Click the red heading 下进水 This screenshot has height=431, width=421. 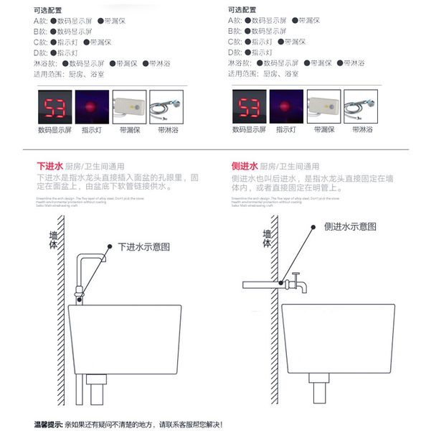click(x=49, y=166)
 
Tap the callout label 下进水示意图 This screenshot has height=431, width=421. click(x=144, y=246)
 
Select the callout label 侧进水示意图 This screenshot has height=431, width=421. click(x=349, y=226)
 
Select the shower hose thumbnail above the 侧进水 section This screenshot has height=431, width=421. click(x=360, y=106)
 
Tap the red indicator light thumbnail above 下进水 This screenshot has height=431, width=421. click(x=92, y=106)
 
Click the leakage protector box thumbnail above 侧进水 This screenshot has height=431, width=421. click(x=323, y=106)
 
